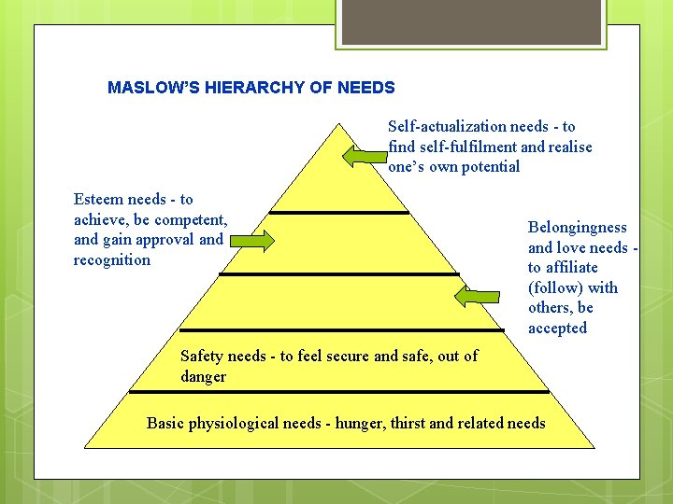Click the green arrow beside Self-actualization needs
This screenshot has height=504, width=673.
(364, 156)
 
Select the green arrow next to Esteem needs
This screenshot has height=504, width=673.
(251, 242)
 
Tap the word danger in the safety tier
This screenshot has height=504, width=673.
(203, 376)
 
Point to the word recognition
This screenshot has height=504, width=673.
(111, 260)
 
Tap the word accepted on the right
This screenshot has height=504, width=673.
(557, 329)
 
